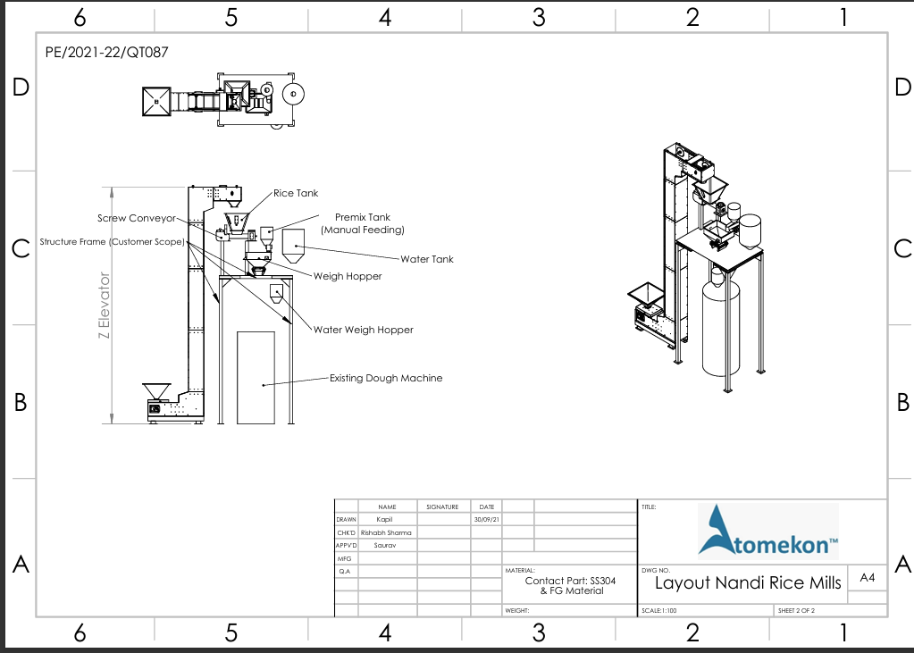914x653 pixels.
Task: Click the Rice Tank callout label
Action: point(296,193)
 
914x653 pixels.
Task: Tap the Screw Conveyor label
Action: point(137,218)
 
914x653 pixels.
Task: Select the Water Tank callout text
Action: point(426,259)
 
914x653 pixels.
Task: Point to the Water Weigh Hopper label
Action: point(363,330)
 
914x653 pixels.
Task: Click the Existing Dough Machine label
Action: point(386,378)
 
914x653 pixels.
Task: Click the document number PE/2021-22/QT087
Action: point(106,52)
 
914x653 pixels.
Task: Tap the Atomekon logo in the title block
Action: point(767,531)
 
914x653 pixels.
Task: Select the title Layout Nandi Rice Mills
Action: point(748,583)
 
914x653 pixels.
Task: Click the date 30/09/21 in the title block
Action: point(487,519)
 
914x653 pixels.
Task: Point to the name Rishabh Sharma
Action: point(386,532)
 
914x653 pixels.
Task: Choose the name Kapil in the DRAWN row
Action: point(384,519)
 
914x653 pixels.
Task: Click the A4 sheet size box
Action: point(867,578)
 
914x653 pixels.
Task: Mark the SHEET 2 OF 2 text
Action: point(797,611)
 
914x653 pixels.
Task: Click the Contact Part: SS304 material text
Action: point(571,581)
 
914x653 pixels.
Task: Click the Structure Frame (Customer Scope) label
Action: point(112,242)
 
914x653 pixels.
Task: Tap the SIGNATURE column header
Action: point(441,506)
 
